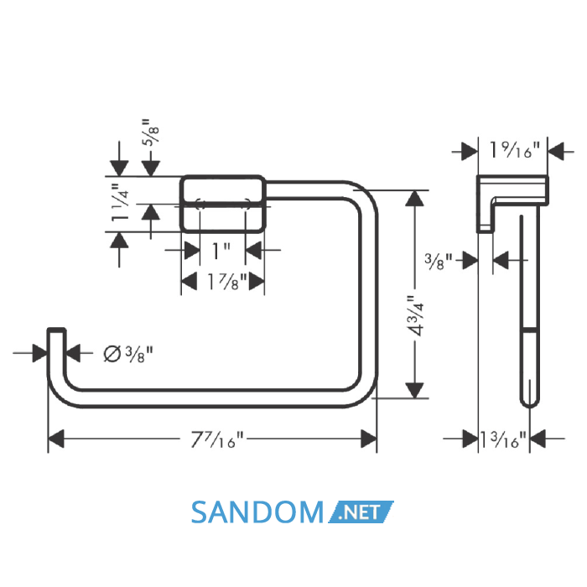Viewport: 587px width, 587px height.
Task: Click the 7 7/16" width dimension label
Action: click(x=217, y=439)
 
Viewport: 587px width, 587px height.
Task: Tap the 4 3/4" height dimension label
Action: click(x=415, y=316)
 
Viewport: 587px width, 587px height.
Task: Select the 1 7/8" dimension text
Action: click(x=227, y=281)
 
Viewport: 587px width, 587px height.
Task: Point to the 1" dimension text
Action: click(x=221, y=250)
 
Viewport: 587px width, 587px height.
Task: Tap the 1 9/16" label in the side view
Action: click(x=515, y=150)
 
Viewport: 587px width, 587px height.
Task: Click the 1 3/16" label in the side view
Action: click(x=503, y=439)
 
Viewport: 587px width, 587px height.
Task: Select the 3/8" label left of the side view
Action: click(x=439, y=261)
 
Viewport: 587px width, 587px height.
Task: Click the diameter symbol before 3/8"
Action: click(x=112, y=354)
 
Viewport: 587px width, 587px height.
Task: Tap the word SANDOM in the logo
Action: click(x=257, y=512)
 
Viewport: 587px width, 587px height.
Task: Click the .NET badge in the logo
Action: click(x=361, y=512)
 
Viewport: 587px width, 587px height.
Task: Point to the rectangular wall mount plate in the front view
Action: click(x=223, y=204)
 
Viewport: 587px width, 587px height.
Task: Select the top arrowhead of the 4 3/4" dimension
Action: click(x=415, y=199)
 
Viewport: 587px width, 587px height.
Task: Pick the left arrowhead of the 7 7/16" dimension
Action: click(x=56, y=439)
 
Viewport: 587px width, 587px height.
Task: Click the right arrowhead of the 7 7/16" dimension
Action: click(x=368, y=439)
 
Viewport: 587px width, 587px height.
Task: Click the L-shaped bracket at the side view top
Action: click(x=512, y=204)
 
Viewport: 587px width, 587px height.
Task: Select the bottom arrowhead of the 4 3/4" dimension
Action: click(x=415, y=390)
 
